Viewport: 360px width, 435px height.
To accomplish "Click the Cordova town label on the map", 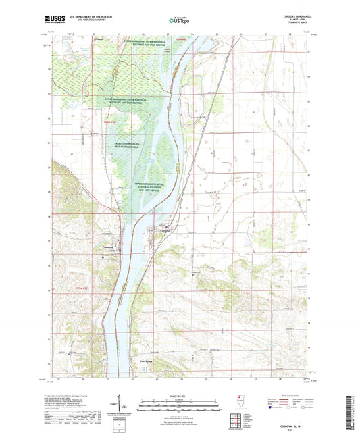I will pyautogui.click(x=164, y=230).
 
